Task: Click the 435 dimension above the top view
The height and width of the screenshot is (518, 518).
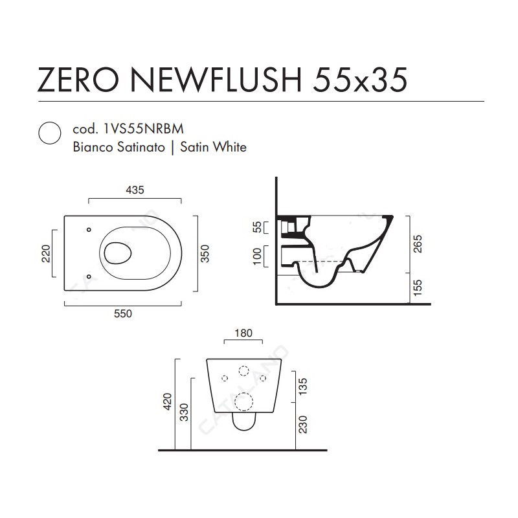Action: click(135, 190)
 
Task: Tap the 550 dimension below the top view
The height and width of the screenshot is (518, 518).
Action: click(123, 313)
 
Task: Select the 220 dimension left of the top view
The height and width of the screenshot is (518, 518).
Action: click(46, 253)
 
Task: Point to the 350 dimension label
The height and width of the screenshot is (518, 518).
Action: click(205, 253)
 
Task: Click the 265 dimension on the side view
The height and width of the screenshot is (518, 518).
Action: click(418, 244)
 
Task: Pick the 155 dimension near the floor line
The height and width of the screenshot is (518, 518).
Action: click(418, 287)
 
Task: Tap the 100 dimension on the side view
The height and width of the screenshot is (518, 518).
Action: click(256, 256)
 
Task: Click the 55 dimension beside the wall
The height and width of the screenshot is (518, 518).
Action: click(256, 227)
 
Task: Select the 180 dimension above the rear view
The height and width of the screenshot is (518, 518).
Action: click(243, 333)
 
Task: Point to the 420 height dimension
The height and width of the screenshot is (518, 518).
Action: click(168, 401)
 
